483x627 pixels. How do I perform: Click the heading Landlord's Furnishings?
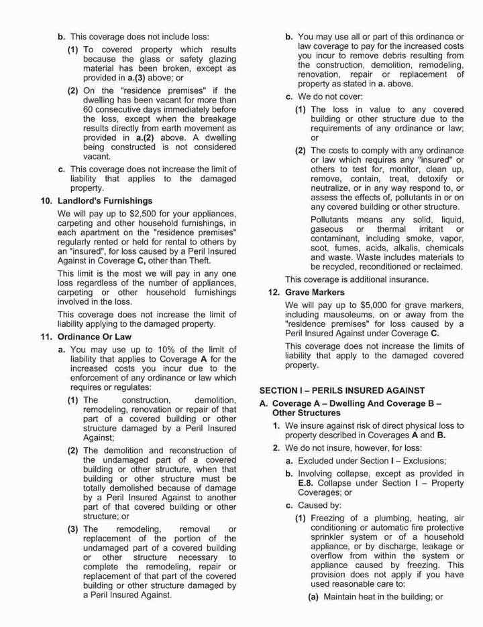point(105,200)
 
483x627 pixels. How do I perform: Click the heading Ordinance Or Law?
point(94,337)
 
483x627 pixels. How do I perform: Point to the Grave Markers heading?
point(315,292)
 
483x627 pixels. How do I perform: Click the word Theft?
point(198,261)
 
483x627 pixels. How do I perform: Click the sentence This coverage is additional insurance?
point(356,279)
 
